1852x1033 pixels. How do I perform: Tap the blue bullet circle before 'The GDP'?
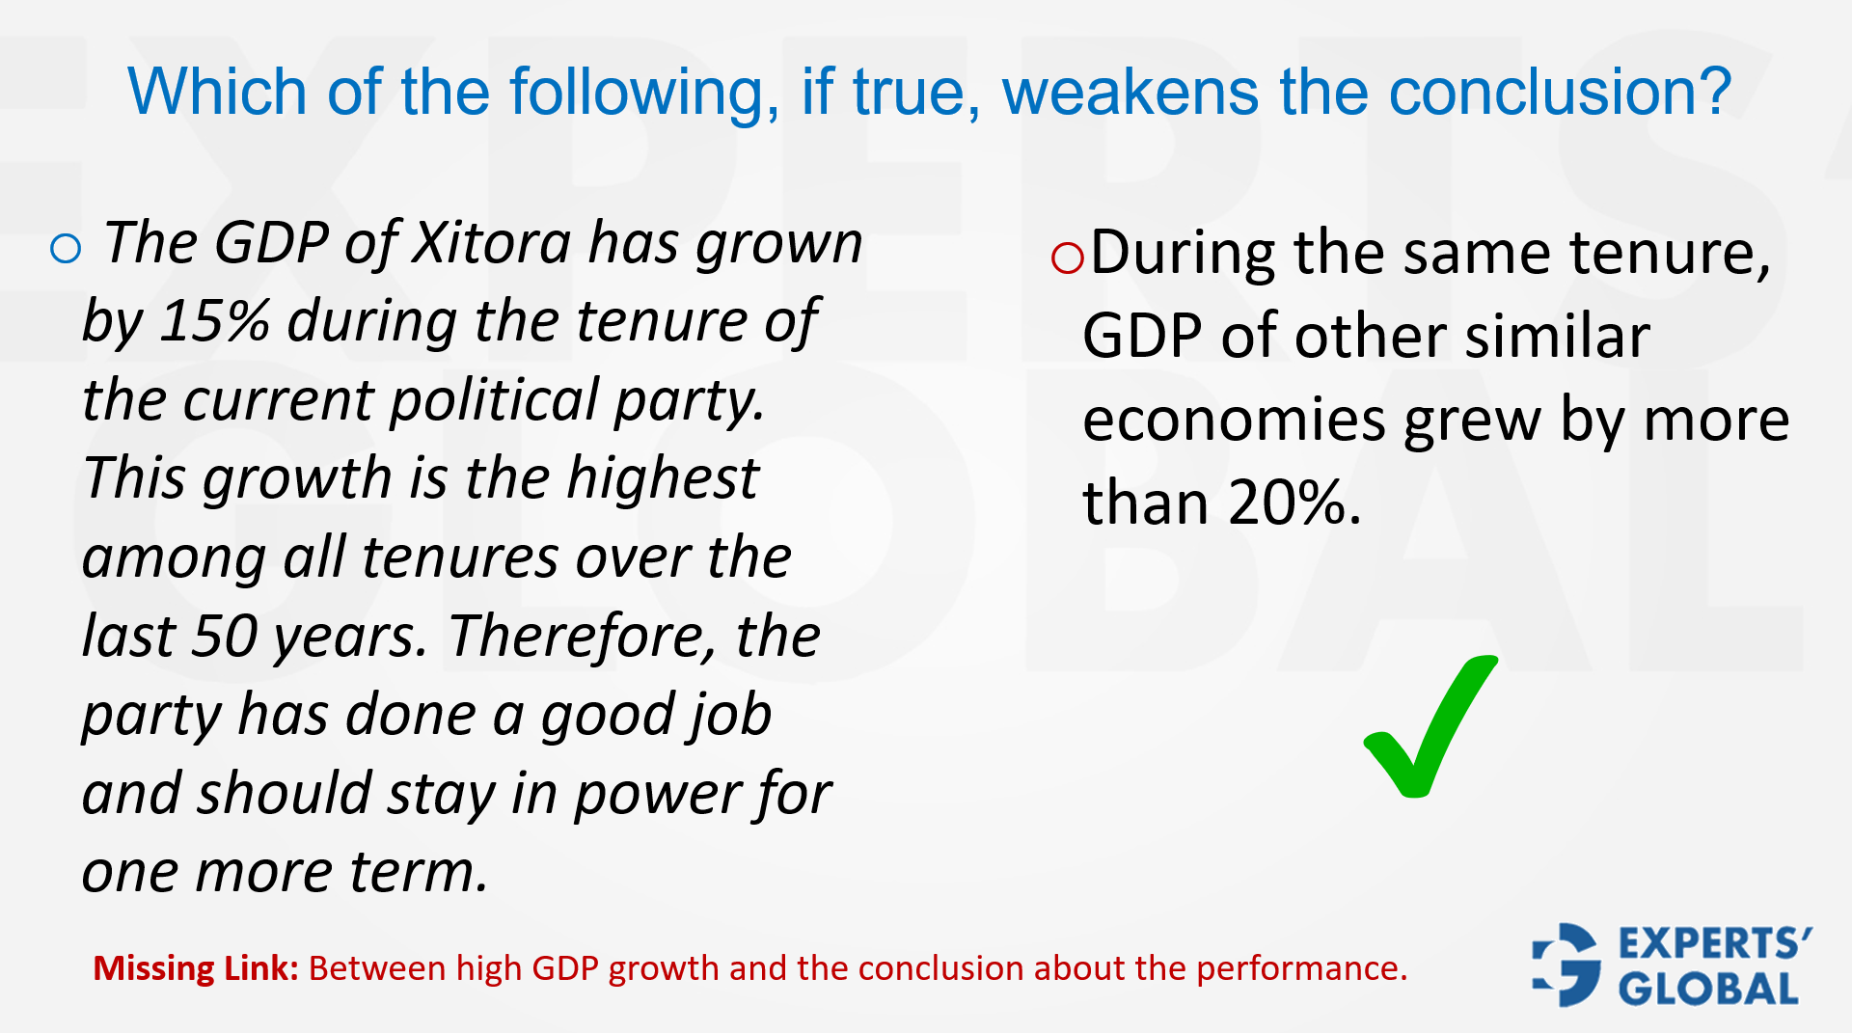[x=66, y=249]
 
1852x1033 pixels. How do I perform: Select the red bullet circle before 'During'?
[x=1068, y=258]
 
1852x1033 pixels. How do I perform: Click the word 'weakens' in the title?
[x=1130, y=93]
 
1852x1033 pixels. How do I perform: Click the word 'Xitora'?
[x=492, y=243]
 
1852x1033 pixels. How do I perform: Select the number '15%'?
[x=214, y=321]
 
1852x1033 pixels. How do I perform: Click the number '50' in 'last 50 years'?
[x=225, y=637]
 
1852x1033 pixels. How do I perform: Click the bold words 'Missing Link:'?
[x=196, y=968]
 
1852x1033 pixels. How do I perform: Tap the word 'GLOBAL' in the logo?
[x=1708, y=990]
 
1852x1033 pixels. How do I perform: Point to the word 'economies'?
[x=1235, y=421]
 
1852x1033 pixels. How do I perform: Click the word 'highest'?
[x=663, y=478]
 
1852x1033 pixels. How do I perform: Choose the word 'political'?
[x=495, y=400]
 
